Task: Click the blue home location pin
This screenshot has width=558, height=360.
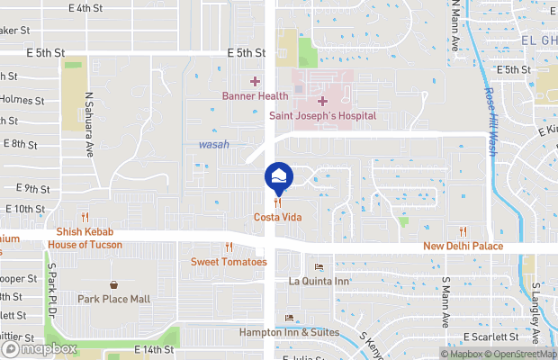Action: click(278, 175)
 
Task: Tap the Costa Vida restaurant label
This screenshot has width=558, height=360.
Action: click(277, 218)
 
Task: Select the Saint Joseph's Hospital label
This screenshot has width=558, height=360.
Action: click(322, 116)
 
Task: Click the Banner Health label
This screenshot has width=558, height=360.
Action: click(255, 96)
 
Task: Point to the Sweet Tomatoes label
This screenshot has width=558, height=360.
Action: click(229, 262)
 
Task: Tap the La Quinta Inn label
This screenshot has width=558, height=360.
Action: click(318, 281)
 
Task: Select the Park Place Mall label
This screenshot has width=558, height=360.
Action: click(113, 299)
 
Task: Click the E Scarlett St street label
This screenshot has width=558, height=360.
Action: click(491, 337)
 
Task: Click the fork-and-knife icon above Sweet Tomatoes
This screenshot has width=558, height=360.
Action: click(229, 247)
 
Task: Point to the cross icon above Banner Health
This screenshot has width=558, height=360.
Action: click(255, 82)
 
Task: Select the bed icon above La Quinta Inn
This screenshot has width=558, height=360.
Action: click(318, 267)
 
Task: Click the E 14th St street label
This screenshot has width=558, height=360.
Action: click(152, 349)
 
